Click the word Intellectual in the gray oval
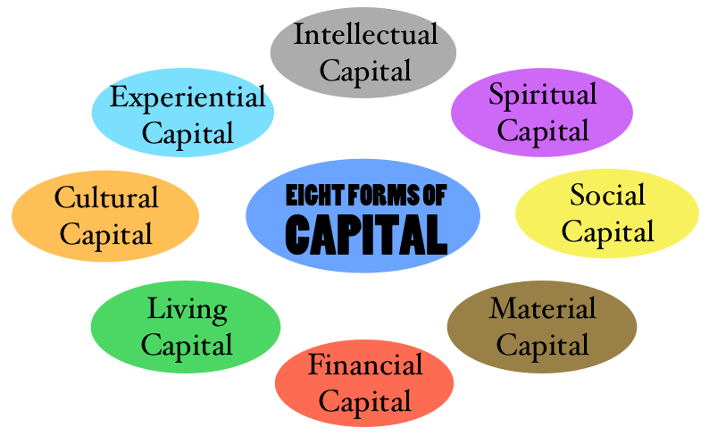click(365, 34)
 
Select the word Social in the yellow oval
click(607, 195)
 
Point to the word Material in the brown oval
click(542, 308)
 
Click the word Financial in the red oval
click(365, 365)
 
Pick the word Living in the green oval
click(188, 311)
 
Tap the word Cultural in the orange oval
click(106, 197)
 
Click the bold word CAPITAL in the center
click(366, 235)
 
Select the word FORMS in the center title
click(384, 196)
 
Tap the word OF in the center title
click(435, 196)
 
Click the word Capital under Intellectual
click(365, 72)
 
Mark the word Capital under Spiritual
click(543, 132)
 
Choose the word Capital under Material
click(543, 346)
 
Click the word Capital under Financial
click(365, 402)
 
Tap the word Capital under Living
click(187, 346)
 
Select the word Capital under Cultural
click(105, 235)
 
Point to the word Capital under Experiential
click(188, 134)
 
